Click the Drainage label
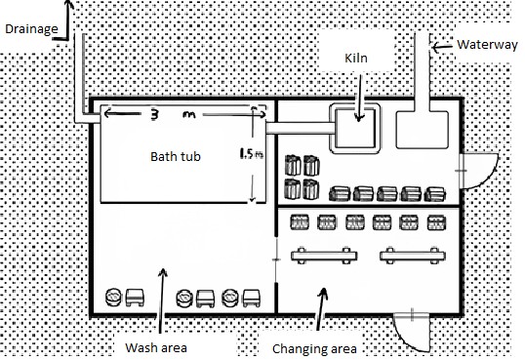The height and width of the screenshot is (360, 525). (31, 29)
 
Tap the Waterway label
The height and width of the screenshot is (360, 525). (487, 45)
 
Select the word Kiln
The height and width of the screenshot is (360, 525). (356, 58)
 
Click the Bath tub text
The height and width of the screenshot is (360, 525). (176, 156)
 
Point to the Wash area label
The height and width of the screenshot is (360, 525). (156, 347)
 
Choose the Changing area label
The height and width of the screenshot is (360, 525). (314, 349)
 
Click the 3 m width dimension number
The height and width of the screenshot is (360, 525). (171, 115)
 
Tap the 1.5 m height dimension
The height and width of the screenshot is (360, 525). (251, 153)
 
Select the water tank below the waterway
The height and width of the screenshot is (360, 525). (423, 130)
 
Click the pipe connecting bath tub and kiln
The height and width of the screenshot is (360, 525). (301, 128)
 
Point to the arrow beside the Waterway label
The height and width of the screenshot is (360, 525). (442, 47)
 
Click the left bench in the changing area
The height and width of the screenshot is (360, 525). (324, 257)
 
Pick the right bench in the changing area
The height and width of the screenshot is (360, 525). (413, 257)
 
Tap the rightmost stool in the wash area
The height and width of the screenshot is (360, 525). (251, 298)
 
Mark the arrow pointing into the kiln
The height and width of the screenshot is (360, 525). (359, 98)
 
